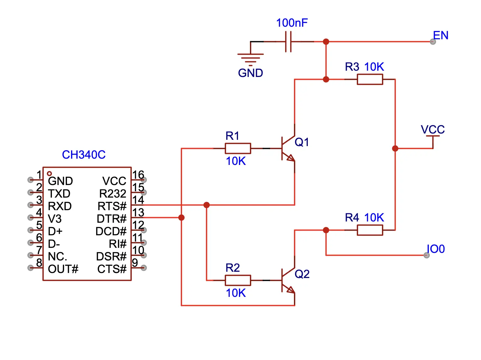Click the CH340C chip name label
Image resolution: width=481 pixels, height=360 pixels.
click(84, 155)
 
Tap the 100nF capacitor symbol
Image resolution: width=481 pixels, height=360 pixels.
click(288, 41)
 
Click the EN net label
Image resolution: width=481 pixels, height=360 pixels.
click(440, 35)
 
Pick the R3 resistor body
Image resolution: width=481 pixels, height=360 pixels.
click(370, 79)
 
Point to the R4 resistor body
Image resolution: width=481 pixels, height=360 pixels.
click(370, 230)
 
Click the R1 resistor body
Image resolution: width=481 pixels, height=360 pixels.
click(238, 148)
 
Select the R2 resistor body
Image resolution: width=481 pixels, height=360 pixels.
click(238, 280)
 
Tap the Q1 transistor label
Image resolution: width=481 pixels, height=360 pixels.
click(302, 142)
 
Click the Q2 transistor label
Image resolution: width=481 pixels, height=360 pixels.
click(302, 274)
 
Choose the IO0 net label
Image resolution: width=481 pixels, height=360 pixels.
click(436, 249)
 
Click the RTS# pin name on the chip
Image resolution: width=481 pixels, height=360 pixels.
click(112, 206)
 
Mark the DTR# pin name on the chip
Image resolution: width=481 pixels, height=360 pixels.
click(111, 219)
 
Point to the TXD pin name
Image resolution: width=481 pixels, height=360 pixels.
click(59, 194)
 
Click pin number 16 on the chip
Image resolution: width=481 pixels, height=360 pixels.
click(138, 175)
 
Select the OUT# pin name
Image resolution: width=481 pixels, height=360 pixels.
click(63, 269)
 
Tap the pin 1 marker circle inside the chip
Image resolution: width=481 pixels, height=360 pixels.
click(49, 173)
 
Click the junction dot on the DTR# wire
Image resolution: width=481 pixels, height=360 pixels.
click(181, 217)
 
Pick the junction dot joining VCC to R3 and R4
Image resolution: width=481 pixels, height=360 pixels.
click(395, 148)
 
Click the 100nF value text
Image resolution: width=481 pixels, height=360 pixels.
click(292, 23)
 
